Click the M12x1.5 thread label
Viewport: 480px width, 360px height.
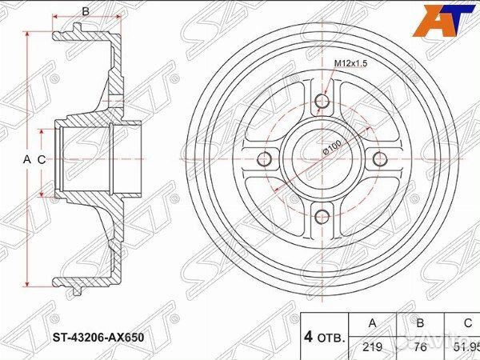tap(350, 64)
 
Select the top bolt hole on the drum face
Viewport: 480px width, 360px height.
tap(322, 102)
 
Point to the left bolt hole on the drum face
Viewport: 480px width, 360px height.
tap(266, 158)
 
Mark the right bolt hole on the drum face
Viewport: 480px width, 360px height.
tap(378, 158)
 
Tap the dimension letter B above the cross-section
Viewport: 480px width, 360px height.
tap(86, 11)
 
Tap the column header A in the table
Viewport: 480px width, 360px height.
tap(370, 324)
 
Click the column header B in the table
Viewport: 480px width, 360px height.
tap(419, 324)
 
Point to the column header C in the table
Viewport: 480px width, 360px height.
tap(466, 324)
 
